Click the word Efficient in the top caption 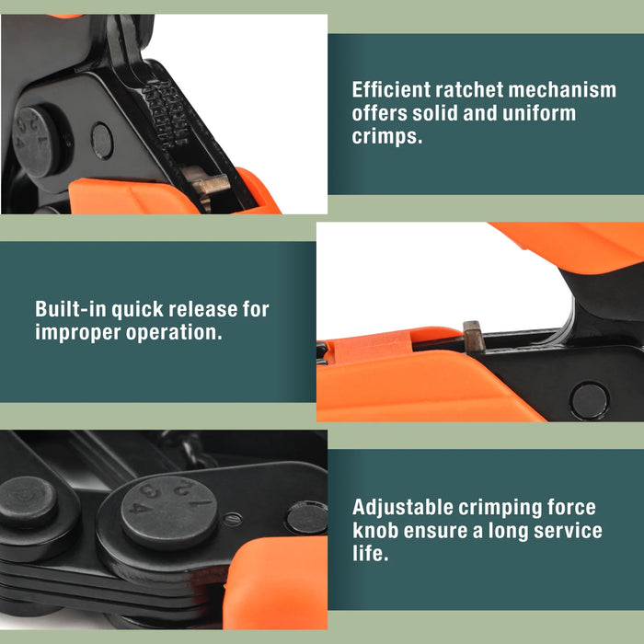coord(393,90)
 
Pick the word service coord(565,531)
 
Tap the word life coord(370,555)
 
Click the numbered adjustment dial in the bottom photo coord(170,506)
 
